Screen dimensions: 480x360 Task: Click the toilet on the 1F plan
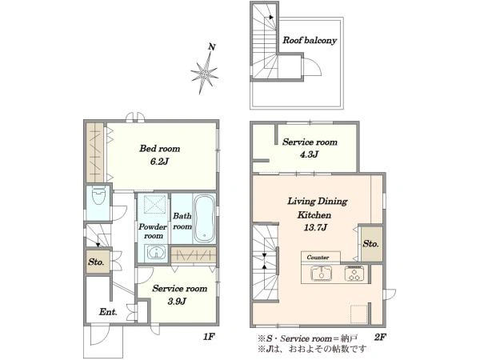(98, 195)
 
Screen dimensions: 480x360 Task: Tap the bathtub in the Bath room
(204, 218)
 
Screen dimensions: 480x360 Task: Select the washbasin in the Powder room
(156, 253)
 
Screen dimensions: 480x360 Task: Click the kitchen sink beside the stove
(322, 273)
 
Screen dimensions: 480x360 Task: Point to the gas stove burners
(355, 273)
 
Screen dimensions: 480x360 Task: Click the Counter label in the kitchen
(318, 258)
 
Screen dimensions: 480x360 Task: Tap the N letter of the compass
(211, 47)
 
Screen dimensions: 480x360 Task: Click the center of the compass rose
(204, 74)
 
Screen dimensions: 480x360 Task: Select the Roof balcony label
(310, 40)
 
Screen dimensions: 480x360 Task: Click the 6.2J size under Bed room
(159, 162)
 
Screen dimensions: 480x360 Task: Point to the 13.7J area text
(316, 227)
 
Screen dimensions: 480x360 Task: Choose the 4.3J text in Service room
(309, 154)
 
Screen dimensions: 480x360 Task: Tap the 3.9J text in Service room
(177, 302)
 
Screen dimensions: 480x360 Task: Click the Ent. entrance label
(108, 312)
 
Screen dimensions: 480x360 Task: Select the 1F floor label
(209, 337)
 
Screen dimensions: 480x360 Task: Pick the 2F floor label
(379, 337)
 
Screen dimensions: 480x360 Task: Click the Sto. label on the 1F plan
(96, 262)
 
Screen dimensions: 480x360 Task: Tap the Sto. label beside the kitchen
(370, 244)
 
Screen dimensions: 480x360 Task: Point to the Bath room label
(182, 221)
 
